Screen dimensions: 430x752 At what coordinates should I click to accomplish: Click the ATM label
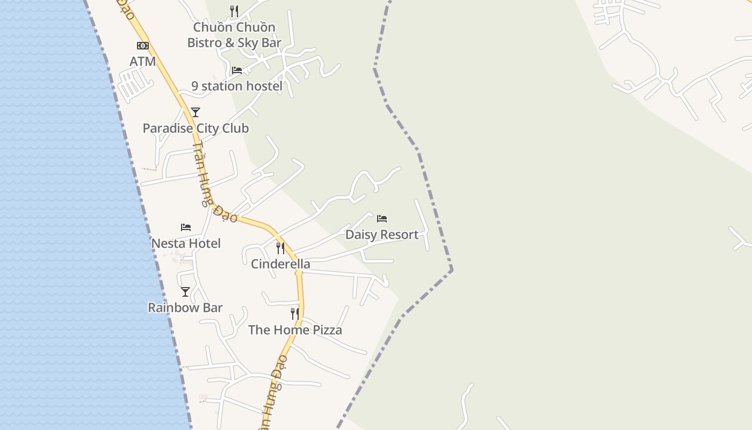(143, 62)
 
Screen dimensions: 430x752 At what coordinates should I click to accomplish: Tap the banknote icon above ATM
(143, 46)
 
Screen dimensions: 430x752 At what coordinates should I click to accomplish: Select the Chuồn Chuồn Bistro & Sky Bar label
(234, 35)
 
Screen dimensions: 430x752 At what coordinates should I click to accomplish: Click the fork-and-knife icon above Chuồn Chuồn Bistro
(234, 11)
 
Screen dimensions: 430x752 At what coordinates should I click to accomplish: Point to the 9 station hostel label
(237, 86)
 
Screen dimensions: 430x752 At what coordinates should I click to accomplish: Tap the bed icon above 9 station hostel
(237, 70)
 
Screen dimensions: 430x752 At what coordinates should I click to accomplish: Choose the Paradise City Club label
(196, 128)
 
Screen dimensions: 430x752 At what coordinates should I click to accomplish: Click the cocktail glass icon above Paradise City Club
(196, 112)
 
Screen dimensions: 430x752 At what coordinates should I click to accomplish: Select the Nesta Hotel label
(186, 243)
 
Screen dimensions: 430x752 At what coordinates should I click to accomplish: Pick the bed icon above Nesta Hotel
(186, 227)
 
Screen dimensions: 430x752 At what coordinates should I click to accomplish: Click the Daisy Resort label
(382, 235)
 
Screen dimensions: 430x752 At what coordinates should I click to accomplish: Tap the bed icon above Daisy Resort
(382, 219)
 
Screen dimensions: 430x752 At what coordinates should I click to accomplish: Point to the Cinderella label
(280, 264)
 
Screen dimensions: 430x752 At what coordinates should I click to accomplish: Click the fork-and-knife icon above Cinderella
(280, 248)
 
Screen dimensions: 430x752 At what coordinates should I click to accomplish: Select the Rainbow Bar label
(185, 308)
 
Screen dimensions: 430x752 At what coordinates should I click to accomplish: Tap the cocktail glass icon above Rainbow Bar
(185, 292)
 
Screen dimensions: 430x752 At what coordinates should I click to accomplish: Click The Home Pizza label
(295, 330)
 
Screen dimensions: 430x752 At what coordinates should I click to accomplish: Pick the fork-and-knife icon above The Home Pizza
(295, 314)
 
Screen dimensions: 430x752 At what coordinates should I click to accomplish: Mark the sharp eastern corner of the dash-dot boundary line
(452, 269)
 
